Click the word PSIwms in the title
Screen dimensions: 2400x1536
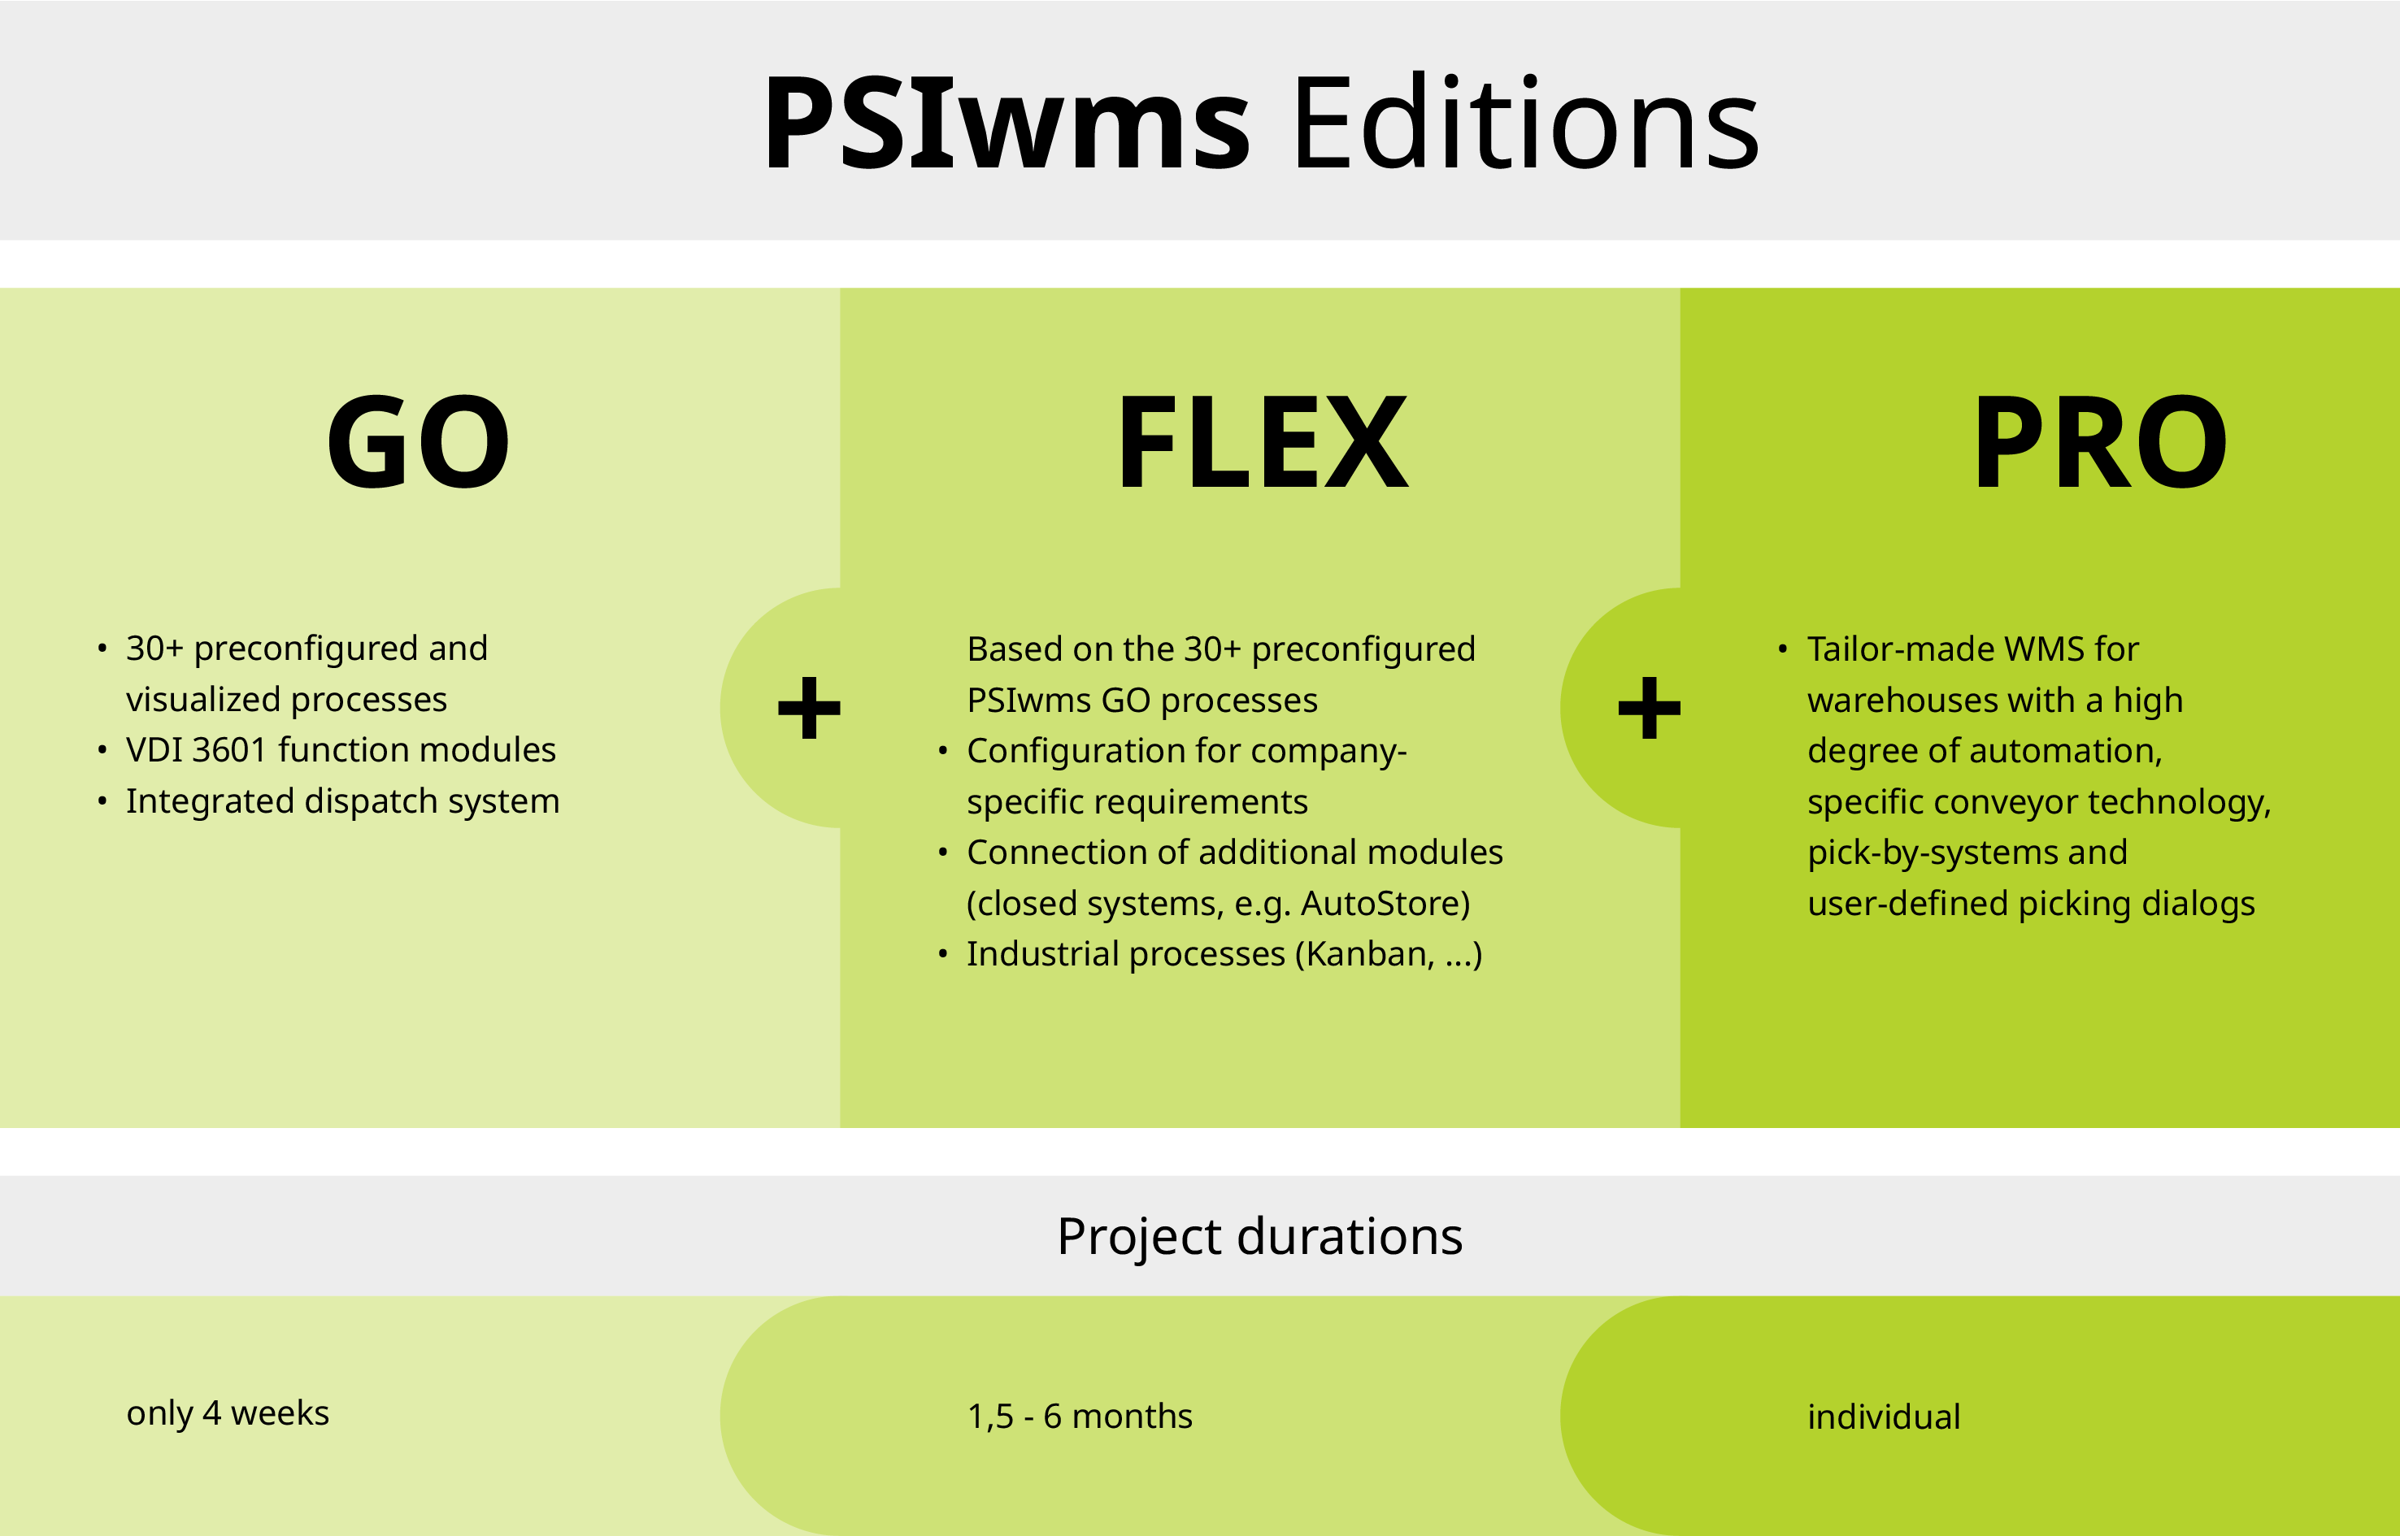tap(1006, 124)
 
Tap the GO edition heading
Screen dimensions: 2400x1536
tap(419, 442)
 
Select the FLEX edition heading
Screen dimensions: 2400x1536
tap(1262, 442)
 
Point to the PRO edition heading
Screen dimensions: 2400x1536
tap(2100, 442)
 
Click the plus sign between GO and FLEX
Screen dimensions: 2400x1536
tap(809, 708)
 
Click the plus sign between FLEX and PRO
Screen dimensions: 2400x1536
tap(1649, 708)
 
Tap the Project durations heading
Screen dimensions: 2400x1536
tap(1260, 1238)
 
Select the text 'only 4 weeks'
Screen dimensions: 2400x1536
tap(228, 1413)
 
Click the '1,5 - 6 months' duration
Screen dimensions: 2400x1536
tap(1080, 1417)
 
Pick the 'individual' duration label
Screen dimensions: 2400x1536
tap(1883, 1417)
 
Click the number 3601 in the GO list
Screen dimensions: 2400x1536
tap(229, 750)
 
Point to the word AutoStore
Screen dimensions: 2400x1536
tap(1385, 904)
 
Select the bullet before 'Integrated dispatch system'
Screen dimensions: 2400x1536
tap(102, 801)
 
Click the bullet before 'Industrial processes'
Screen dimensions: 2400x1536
tap(942, 954)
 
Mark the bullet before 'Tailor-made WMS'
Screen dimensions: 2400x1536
tap(1783, 649)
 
